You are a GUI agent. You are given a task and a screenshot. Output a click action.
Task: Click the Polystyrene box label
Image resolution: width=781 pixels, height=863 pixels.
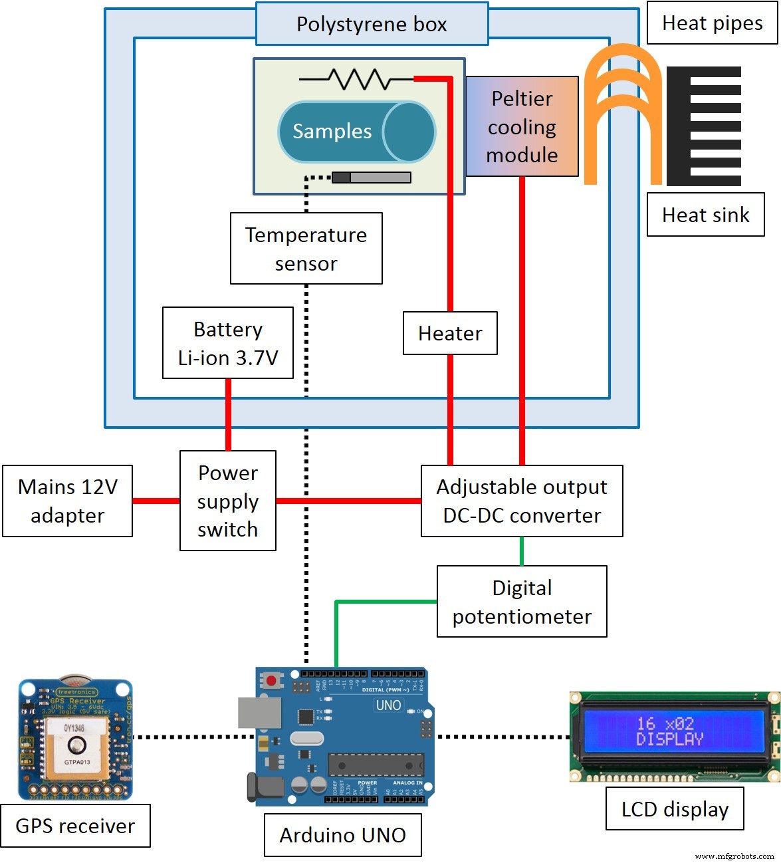point(372,24)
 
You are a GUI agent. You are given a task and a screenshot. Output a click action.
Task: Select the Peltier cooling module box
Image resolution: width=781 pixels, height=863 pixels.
point(522,126)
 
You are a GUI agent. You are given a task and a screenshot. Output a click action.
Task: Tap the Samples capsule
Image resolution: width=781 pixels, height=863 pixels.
point(356,132)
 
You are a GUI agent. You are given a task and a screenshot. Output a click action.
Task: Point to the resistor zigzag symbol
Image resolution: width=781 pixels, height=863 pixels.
point(359,79)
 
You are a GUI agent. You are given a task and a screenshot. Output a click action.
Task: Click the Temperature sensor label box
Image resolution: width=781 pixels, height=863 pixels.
point(306,249)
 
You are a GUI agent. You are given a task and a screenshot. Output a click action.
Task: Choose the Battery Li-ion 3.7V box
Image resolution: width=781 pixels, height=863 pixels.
point(227,343)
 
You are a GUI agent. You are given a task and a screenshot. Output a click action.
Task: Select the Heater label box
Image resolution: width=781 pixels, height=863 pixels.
point(450,333)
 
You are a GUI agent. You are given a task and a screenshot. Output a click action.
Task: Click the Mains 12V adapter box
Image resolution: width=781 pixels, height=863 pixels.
point(67,501)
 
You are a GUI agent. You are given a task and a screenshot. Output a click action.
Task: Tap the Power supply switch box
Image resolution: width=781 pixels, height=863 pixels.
point(227,501)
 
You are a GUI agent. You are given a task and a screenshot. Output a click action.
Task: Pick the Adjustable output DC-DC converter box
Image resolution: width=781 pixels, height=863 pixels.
point(522,501)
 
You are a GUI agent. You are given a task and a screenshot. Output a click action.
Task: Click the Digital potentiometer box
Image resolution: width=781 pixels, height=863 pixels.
point(522,602)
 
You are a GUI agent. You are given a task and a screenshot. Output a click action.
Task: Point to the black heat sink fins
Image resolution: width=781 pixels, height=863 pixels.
point(705,126)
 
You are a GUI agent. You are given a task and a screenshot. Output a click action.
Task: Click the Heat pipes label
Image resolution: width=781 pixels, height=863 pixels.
point(712,23)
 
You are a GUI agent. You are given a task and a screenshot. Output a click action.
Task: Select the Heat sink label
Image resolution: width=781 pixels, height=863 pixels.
point(705,215)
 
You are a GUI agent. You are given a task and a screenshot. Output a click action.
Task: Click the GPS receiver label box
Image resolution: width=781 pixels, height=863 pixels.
point(75,826)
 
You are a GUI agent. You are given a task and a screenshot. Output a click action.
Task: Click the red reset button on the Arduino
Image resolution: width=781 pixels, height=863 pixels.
point(271,681)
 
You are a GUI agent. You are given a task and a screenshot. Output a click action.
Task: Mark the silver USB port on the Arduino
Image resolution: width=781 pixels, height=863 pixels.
point(259,712)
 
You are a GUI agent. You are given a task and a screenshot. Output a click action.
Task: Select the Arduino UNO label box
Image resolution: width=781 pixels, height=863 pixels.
point(342,835)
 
